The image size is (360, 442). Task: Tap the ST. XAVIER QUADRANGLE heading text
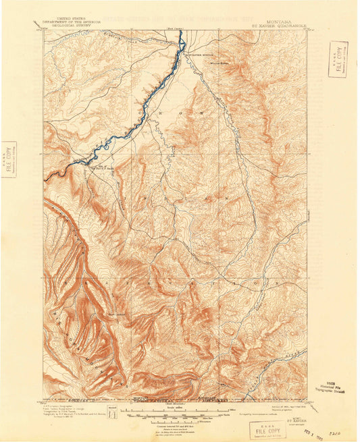pos(280,26)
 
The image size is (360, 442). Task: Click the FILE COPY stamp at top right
pos(338,59)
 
